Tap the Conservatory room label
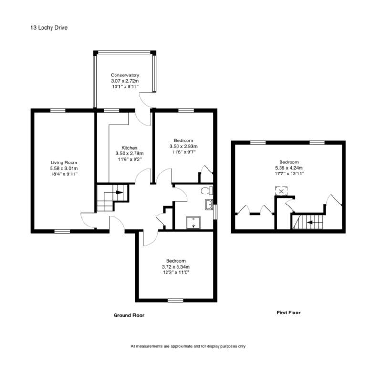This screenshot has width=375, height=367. pyautogui.click(x=125, y=75)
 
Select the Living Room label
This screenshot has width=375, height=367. pyautogui.click(x=64, y=162)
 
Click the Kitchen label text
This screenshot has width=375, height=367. pyautogui.click(x=129, y=147)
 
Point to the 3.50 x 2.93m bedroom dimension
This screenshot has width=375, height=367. pyautogui.click(x=183, y=146)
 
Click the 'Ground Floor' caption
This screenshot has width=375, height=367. pyautogui.click(x=128, y=315)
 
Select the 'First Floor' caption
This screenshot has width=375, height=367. pyautogui.click(x=289, y=313)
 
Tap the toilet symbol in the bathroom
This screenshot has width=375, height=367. pyautogui.click(x=206, y=191)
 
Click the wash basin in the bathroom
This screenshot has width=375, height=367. pyautogui.click(x=208, y=205)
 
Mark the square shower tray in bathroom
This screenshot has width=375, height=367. pyautogui.click(x=193, y=222)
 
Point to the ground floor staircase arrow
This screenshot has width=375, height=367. pyautogui.click(x=117, y=193)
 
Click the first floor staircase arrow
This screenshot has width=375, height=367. pyautogui.click(x=310, y=222)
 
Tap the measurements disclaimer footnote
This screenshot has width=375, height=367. pyautogui.click(x=187, y=346)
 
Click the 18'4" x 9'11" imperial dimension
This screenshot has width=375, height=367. pyautogui.click(x=64, y=174)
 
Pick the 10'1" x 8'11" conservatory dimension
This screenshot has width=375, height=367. pyautogui.click(x=125, y=87)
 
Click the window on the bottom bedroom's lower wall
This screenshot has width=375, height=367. pyautogui.click(x=176, y=300)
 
